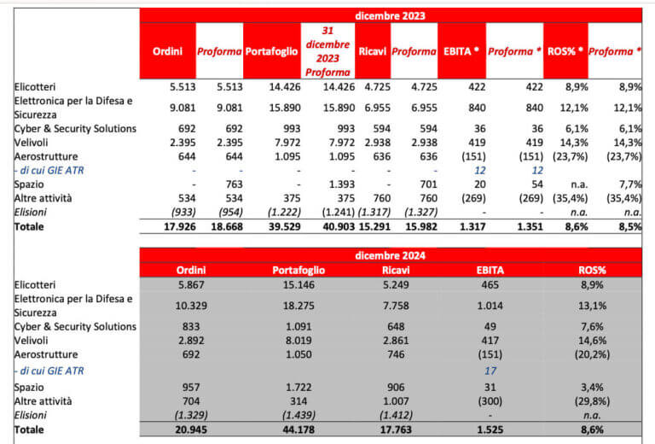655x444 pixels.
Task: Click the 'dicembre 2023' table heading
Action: tap(390, 15)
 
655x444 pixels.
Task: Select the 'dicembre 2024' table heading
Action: tap(390, 254)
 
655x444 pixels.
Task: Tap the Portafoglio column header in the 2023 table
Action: tap(271, 51)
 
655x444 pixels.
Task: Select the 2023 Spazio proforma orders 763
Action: tap(220, 183)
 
